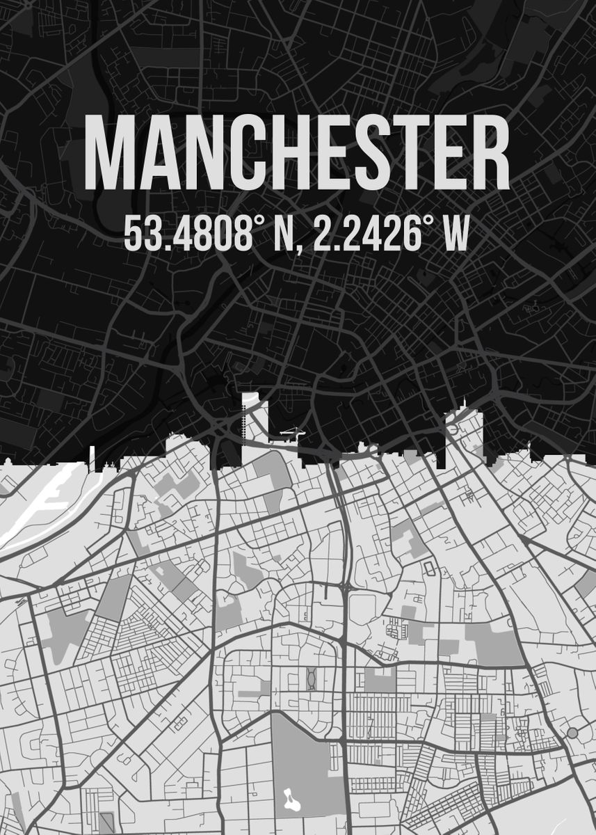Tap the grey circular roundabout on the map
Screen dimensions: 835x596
(x=572, y=732)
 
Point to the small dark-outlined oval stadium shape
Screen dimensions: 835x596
(x=428, y=569)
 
